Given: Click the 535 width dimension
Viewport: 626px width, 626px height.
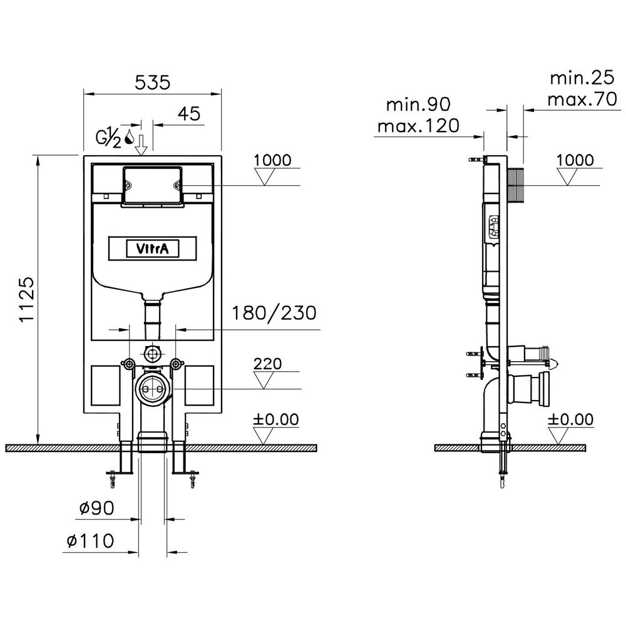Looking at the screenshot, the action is (153, 83).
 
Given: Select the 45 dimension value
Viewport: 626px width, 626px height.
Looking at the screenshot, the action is (189, 114).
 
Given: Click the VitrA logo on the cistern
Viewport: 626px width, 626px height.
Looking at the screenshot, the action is (153, 249).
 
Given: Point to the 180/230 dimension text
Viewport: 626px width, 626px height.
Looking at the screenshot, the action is (274, 313).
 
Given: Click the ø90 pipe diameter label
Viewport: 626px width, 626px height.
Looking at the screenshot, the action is (96, 508).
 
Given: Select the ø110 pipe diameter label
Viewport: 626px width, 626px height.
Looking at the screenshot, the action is (90, 541).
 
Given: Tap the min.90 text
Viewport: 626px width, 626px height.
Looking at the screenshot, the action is (418, 104).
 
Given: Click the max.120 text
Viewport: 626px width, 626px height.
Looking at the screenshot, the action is (418, 126).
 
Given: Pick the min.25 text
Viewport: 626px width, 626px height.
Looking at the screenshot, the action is (582, 78).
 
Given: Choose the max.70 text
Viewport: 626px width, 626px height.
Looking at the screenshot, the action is (582, 99).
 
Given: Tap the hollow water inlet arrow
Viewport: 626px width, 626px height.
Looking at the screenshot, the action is (141, 145).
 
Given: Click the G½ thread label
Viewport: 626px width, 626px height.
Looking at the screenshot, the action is (108, 138).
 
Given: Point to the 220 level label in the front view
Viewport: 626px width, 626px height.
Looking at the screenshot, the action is (267, 364).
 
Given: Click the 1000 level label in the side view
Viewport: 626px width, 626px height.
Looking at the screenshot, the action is (575, 160).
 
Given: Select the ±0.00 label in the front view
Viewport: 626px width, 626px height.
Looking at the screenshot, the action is (275, 419).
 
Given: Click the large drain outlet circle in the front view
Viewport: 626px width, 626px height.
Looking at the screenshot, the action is (152, 389).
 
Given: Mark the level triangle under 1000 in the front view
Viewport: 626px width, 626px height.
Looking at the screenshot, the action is (264, 176).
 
